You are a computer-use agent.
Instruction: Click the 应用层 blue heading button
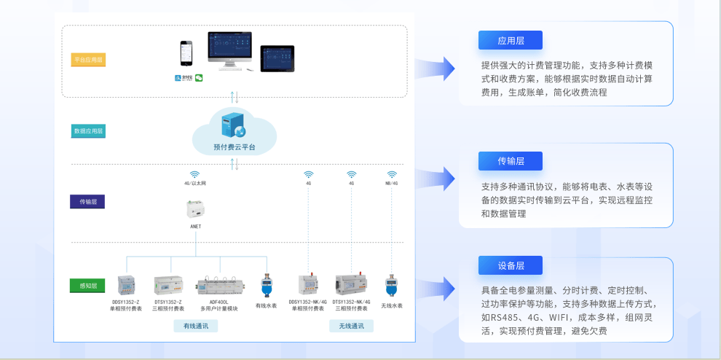click(x=511, y=41)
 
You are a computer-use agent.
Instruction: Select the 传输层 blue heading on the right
click(x=511, y=161)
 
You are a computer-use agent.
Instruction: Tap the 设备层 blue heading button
click(x=511, y=266)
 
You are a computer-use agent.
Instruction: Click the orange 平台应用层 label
click(x=88, y=60)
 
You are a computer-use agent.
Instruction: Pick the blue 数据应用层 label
click(x=88, y=131)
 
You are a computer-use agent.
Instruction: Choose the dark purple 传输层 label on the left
click(x=88, y=201)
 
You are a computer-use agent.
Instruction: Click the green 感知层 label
click(x=88, y=285)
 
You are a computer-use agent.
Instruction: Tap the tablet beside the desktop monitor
click(x=277, y=58)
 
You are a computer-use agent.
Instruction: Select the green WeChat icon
click(x=198, y=78)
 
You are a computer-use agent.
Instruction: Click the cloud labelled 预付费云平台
click(x=235, y=131)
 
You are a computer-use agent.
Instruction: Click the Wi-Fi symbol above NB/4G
click(x=392, y=175)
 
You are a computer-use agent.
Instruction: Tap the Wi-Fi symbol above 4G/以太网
click(x=195, y=175)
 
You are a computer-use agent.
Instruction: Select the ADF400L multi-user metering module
click(x=218, y=284)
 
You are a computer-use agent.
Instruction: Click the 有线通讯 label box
click(x=195, y=326)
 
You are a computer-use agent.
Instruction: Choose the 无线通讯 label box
click(x=351, y=326)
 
